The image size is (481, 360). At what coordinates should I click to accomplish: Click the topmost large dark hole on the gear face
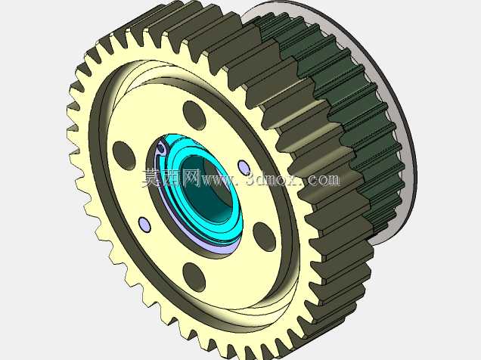click(x=194, y=115)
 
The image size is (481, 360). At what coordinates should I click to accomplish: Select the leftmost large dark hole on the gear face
click(x=124, y=156)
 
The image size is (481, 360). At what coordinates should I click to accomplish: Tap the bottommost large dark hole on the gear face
click(x=194, y=278)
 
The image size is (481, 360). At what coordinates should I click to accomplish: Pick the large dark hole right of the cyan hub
click(x=264, y=237)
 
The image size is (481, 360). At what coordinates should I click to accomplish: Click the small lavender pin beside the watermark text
click(x=244, y=168)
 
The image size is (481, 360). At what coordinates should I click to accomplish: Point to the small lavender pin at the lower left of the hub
click(x=144, y=225)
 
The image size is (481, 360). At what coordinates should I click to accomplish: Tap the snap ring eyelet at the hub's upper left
click(x=160, y=149)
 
